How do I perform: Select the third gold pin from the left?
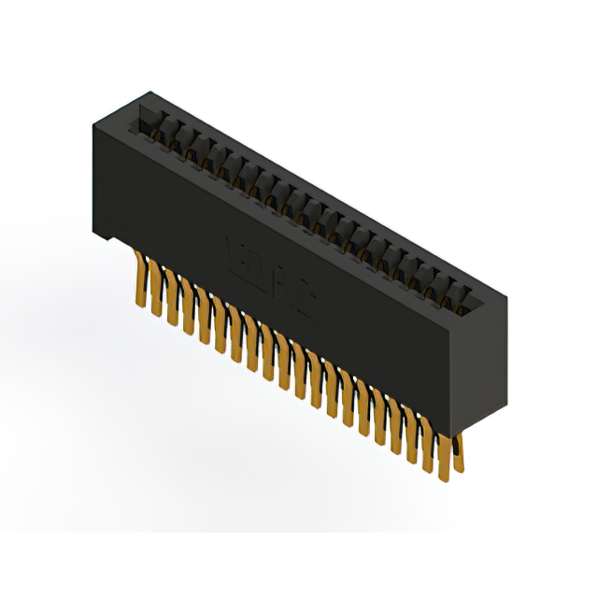click(172, 299)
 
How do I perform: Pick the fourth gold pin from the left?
click(187, 308)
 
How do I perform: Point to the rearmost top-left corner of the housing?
click(148, 92)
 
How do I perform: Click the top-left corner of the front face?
click(92, 122)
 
